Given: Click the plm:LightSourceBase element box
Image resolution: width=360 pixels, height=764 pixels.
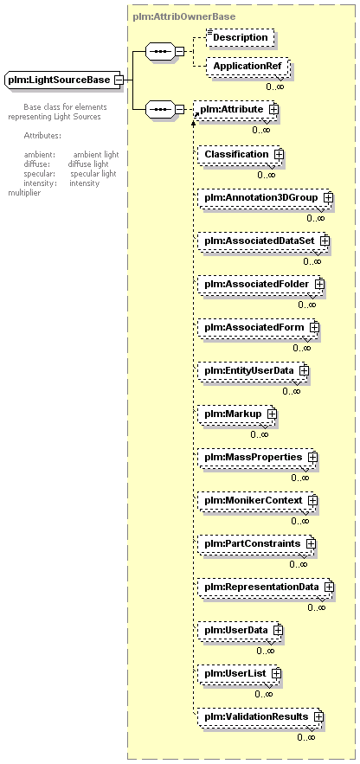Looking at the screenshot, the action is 63,80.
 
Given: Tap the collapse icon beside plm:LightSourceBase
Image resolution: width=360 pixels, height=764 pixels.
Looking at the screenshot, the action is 118,80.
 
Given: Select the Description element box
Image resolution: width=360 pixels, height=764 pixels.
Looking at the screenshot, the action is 241,37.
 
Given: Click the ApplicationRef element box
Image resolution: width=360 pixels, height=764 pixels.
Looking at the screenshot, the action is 247,67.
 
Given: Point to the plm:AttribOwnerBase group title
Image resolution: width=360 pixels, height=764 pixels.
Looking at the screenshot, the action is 184,16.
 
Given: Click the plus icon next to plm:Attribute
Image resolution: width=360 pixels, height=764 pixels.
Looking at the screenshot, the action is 273,110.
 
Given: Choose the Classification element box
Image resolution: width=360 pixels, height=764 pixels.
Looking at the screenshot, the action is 240,155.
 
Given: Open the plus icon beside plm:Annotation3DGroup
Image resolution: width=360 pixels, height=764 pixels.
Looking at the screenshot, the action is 328,198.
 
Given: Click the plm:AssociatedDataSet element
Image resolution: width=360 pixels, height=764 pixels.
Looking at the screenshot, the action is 264,241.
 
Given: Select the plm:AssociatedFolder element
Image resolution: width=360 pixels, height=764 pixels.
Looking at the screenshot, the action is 261,284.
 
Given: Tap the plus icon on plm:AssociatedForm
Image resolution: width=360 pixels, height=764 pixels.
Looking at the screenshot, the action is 314,327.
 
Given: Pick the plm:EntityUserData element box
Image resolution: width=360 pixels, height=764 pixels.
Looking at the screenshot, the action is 254,371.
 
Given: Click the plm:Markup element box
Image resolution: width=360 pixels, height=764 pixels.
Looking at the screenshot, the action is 237,414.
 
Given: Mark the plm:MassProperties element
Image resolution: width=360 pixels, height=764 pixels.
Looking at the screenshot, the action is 258,458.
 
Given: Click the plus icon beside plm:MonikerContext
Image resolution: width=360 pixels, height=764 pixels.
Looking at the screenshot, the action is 312,500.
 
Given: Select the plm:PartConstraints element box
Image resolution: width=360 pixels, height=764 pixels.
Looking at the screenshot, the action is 257,543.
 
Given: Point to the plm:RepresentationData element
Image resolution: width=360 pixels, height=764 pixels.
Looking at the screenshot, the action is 266,587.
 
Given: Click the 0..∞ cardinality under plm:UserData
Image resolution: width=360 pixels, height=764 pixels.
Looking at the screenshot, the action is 266,651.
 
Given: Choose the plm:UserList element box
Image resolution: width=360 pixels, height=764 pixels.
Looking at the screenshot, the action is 239,674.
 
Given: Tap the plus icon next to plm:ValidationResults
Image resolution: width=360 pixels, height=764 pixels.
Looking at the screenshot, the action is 318,716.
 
